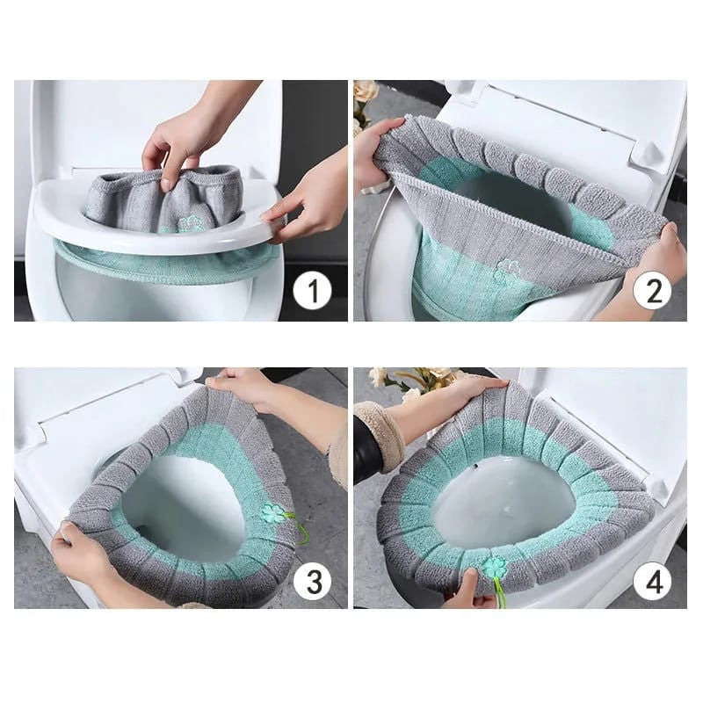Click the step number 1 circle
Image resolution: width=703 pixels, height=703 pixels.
[x=312, y=290]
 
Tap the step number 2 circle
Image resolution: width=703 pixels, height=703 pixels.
[x=653, y=290]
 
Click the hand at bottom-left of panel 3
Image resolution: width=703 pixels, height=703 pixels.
[x=83, y=554]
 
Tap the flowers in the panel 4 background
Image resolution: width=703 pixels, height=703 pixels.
[x=413, y=380]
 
